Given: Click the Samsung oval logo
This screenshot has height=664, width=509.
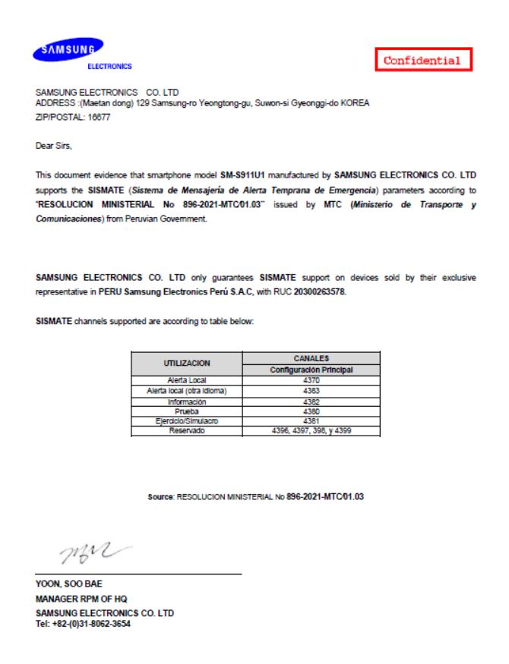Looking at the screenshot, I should coord(66,49).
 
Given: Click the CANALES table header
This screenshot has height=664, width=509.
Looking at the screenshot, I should coord(310,358).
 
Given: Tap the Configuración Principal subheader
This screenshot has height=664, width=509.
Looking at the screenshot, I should coord(310,369).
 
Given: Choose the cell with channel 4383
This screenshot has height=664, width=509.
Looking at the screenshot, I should coord(310,390).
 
